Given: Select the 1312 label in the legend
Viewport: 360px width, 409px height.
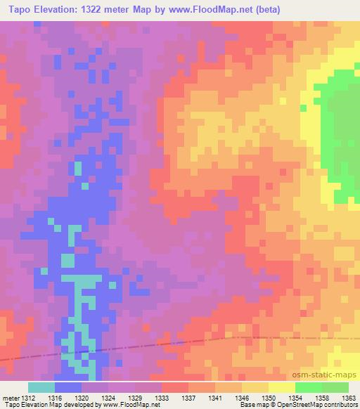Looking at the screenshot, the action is [23, 397].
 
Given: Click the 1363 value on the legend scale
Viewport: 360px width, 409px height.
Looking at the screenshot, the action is [349, 397].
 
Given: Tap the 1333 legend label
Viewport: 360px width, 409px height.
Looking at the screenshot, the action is [161, 397].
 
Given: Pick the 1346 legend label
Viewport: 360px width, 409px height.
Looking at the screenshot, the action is [240, 397].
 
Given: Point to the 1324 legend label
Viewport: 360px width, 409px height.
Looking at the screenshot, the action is [108, 397].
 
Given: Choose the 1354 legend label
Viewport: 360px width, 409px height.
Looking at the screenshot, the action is [295, 397].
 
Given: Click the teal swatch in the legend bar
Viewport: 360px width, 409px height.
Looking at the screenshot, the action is [41, 387].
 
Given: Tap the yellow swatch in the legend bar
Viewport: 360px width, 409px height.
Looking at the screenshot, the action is [282, 387].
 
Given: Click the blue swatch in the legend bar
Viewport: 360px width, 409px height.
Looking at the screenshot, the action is [68, 387].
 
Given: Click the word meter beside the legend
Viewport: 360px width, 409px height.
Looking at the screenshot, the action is [10, 397].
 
